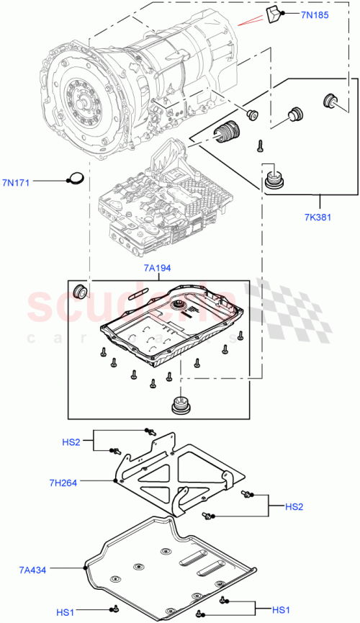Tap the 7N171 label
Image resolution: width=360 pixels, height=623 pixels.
tap(16, 183)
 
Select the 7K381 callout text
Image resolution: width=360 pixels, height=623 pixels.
tap(317, 217)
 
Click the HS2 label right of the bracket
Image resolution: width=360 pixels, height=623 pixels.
tap(294, 506)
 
